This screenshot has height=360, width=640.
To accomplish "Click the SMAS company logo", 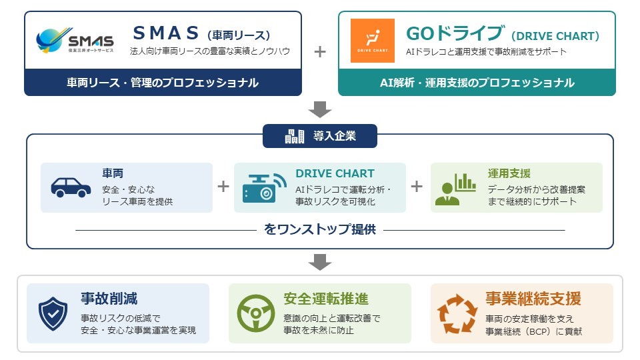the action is [x=75, y=40].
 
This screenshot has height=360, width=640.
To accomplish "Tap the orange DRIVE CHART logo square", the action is [x=373, y=41].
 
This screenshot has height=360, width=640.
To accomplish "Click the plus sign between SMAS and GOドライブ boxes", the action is [x=320, y=52].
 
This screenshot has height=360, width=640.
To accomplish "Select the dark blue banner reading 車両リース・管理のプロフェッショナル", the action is [x=163, y=83].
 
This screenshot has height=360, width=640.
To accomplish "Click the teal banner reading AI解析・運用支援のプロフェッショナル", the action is [x=477, y=83].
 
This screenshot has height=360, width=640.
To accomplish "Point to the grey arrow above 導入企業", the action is [x=320, y=109].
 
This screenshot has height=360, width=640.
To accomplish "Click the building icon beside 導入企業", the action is [x=294, y=136].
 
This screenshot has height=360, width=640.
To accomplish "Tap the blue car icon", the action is [x=71, y=187].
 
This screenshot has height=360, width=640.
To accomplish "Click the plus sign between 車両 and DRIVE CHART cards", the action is [x=223, y=187].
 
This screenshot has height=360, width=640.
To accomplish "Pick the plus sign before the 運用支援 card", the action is [x=417, y=187].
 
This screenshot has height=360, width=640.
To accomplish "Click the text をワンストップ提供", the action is [x=320, y=229].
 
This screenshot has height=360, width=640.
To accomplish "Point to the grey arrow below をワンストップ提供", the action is [x=320, y=262].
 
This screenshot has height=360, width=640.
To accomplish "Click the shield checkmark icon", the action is [x=53, y=313].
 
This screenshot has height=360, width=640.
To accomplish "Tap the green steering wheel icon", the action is [x=256, y=313].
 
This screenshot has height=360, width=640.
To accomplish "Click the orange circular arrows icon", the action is [x=457, y=314].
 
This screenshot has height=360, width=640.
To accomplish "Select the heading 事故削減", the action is [x=109, y=299].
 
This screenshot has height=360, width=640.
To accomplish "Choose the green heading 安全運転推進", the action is [x=326, y=299].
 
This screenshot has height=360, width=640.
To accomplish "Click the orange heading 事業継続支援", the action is [x=533, y=299].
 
